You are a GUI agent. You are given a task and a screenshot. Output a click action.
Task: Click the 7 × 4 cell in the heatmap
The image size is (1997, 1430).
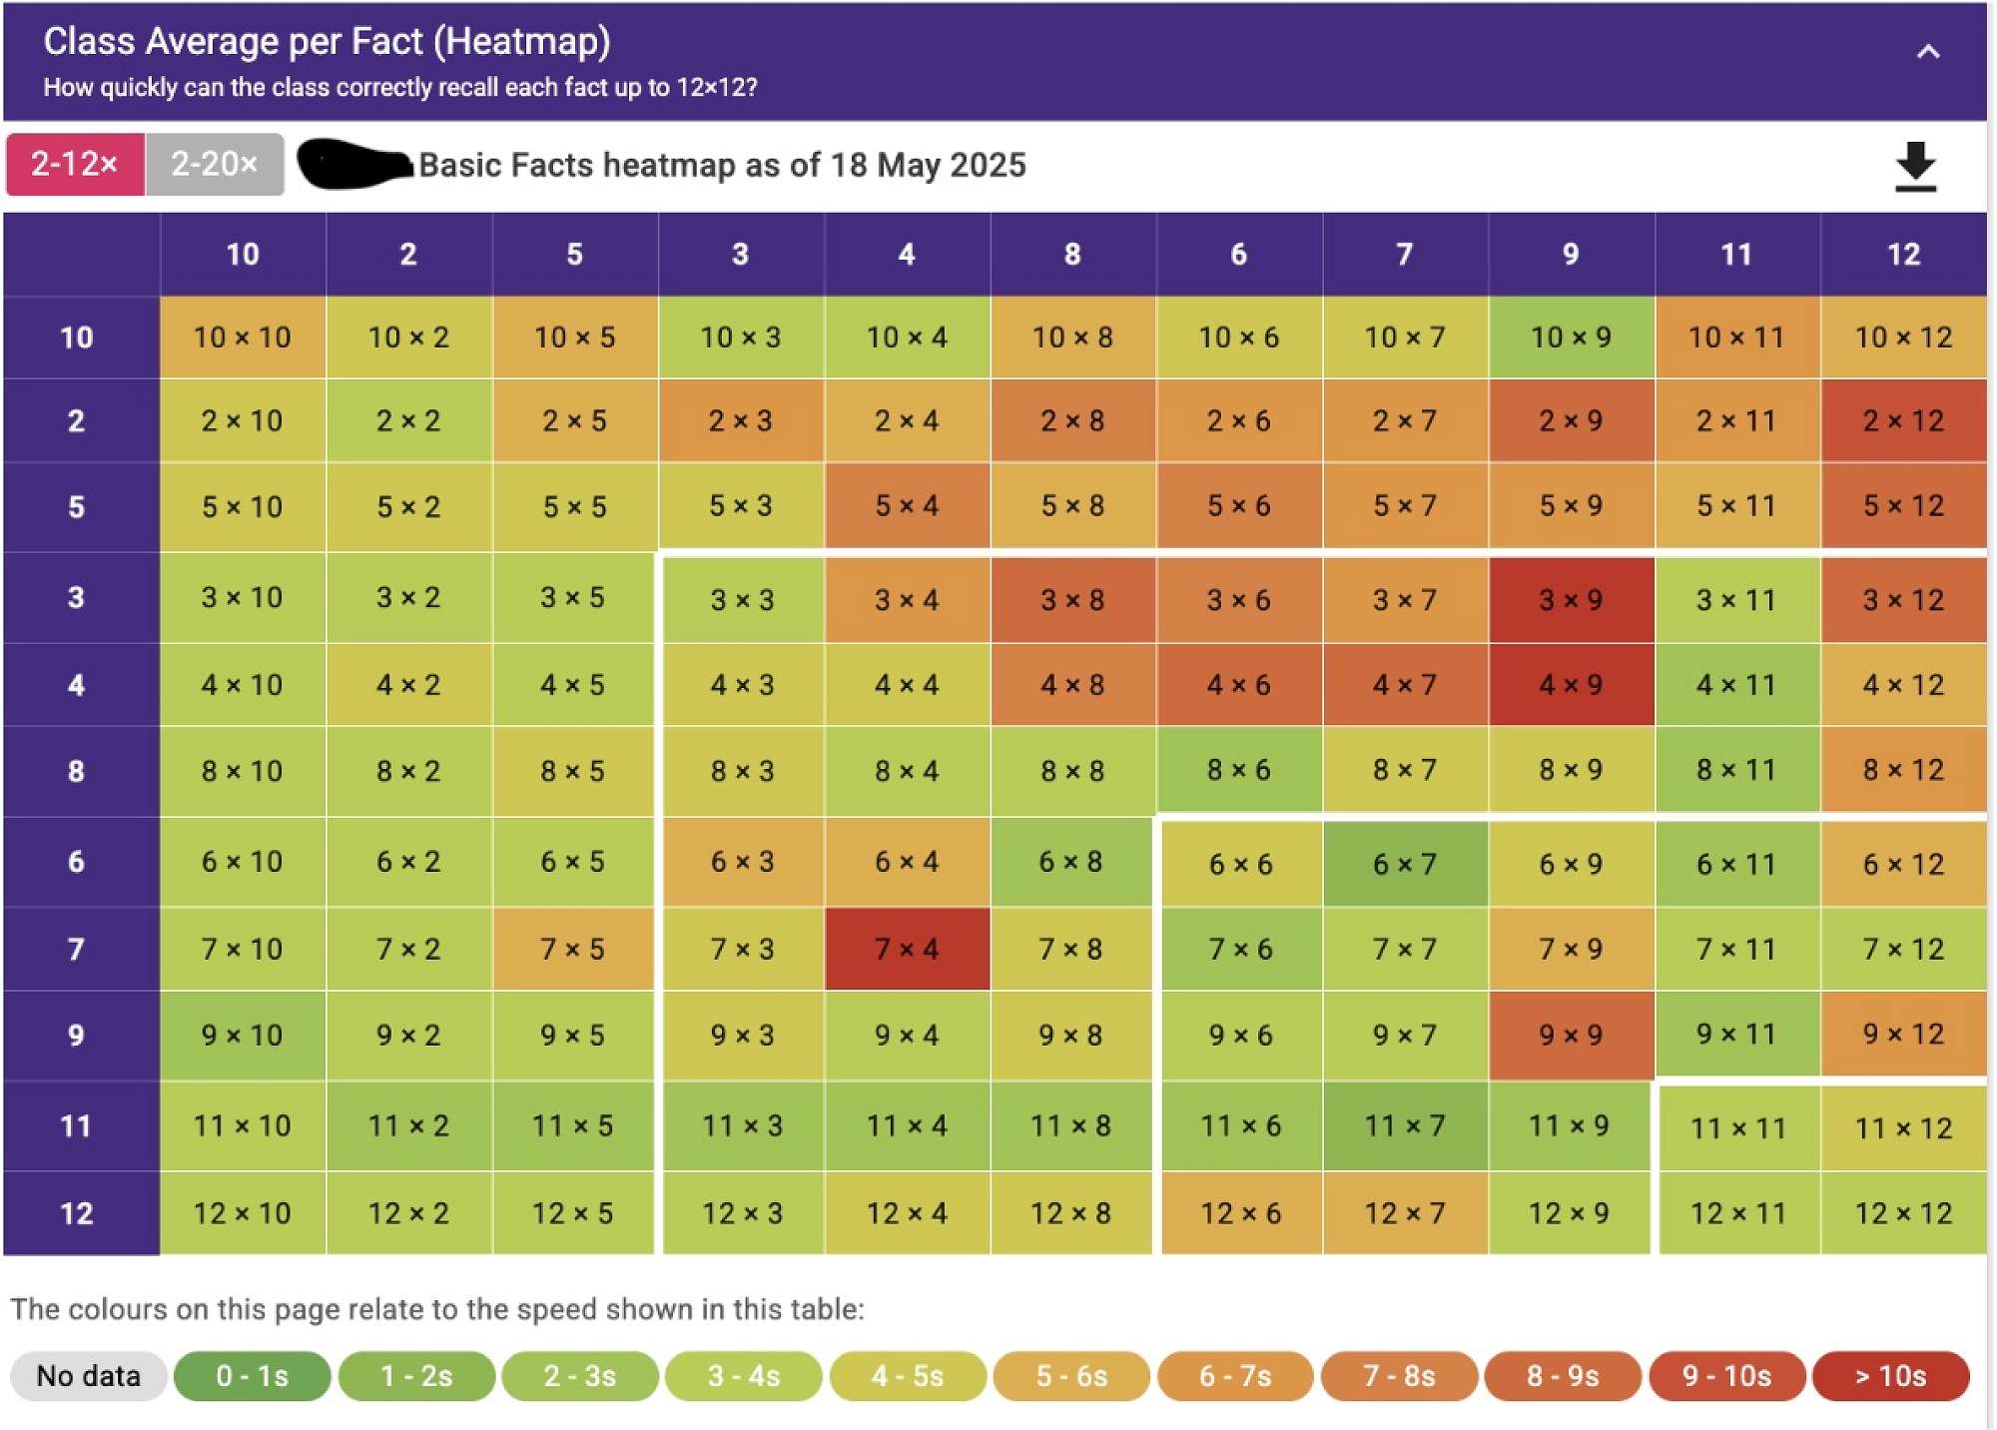point(907,949)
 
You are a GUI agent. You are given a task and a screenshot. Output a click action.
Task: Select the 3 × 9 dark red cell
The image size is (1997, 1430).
point(1571,599)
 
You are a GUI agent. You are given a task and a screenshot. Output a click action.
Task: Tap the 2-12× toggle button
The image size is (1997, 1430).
point(75,164)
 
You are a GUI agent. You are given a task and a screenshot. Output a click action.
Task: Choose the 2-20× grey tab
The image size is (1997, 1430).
point(215,164)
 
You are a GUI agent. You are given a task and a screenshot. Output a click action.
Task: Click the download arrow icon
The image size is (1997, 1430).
point(1915,166)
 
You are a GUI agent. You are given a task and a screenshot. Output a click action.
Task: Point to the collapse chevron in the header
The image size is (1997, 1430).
point(1928,52)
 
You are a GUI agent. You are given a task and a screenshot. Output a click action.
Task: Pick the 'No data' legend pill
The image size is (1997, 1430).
point(88,1376)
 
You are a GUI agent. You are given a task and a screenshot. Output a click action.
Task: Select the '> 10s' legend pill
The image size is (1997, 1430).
point(1890,1376)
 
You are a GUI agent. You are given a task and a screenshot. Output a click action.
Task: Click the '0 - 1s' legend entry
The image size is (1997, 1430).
point(252,1376)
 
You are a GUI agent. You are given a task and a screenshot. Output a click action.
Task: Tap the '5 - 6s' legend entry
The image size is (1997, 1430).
point(1071,1376)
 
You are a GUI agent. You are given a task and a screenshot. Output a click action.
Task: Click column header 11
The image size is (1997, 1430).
point(1736,255)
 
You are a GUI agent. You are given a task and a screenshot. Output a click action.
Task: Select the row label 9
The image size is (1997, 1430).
point(77,1035)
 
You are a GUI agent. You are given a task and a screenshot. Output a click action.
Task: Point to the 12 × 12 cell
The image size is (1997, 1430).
point(1903,1213)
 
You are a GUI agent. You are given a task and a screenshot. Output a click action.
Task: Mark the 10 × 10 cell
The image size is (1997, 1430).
point(243,337)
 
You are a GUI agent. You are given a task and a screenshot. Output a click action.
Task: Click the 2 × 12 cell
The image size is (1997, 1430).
point(1903,420)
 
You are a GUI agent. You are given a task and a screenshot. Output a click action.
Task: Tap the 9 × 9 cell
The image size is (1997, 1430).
point(1571,1035)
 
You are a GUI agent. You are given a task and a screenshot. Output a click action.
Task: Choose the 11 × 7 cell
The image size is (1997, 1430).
point(1405,1126)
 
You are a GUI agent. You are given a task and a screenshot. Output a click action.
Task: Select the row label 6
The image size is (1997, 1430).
point(77,862)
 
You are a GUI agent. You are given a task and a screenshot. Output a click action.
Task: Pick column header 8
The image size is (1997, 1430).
point(1072,255)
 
